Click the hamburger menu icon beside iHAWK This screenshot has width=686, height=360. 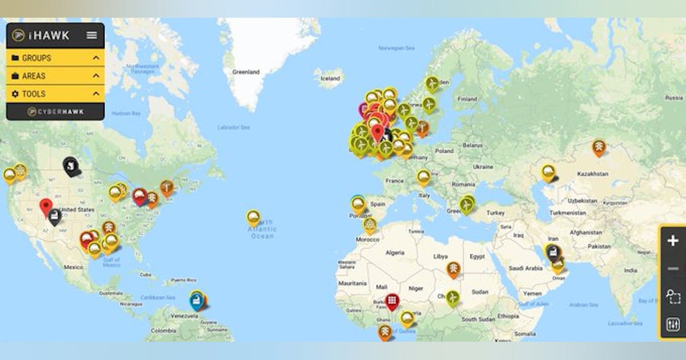pos(91,35)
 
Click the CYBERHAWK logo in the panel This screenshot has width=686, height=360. pos(55,111)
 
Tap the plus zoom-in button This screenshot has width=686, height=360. pos(673,241)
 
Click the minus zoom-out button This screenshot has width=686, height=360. pos(673,269)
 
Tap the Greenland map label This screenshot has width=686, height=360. pos(246,72)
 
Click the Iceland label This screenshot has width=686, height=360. pos(329,79)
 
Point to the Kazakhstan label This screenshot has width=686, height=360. pos(592,173)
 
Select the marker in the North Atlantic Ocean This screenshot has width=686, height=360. pos(253,217)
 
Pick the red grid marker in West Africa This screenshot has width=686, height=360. pos(392,300)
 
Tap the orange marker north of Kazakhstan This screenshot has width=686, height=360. pos(599,147)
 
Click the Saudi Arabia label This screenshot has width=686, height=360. pos(525,267)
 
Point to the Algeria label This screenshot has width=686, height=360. pos(394,252)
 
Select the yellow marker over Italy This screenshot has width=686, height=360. pos(423,177)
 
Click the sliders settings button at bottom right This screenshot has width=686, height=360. pos(673,325)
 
